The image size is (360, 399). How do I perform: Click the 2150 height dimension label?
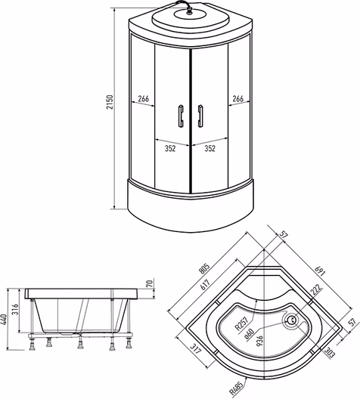110,102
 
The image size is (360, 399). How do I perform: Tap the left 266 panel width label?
144,98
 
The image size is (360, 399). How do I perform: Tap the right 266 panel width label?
237,98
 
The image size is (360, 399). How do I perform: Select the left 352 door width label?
170,148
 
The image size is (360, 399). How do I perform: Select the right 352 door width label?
209,148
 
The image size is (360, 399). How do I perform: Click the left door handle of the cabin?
181,116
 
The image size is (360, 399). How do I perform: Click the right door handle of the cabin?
200,116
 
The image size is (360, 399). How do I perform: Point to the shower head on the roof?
189,11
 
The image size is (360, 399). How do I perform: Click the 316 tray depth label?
16,309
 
